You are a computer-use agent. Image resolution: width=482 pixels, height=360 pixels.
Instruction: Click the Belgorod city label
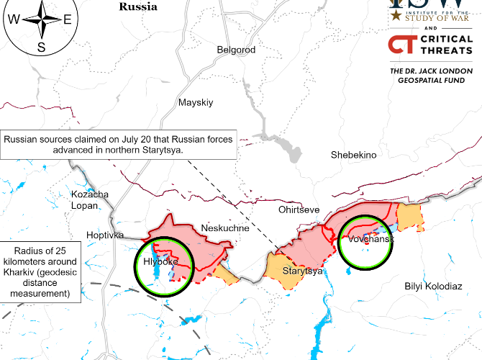point(236,50)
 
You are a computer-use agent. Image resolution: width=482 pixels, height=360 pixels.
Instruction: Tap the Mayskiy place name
point(196,102)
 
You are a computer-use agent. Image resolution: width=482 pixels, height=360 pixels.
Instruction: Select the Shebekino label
point(353,155)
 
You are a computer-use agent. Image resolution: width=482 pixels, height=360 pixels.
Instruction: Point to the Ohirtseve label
point(299,210)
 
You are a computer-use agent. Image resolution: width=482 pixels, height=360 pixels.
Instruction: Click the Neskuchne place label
point(224,228)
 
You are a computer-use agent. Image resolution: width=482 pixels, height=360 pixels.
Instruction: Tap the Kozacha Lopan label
point(90,201)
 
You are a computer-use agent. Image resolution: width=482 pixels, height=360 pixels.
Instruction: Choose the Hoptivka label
point(105,235)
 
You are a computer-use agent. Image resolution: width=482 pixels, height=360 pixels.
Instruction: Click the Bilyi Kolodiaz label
point(434,286)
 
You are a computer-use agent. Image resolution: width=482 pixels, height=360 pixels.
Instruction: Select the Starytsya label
point(302,271)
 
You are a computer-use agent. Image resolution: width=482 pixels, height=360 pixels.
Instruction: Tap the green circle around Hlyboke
point(164,267)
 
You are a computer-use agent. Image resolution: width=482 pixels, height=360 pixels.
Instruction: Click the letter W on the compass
point(15,20)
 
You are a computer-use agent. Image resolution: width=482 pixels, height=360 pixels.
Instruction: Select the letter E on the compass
point(67,20)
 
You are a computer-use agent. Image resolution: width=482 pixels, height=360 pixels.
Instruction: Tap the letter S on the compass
point(41,48)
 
